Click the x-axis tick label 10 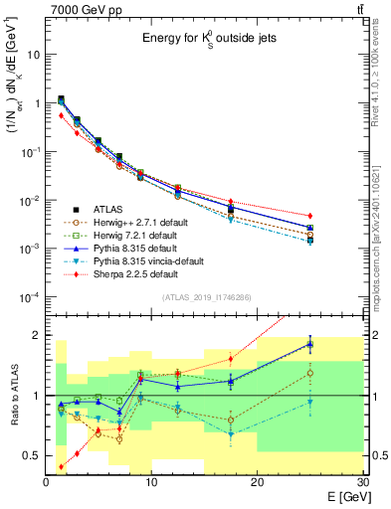click(151, 481)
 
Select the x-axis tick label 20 click(257, 481)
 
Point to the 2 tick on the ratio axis click(38, 335)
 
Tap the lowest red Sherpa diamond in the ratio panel click(61, 466)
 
